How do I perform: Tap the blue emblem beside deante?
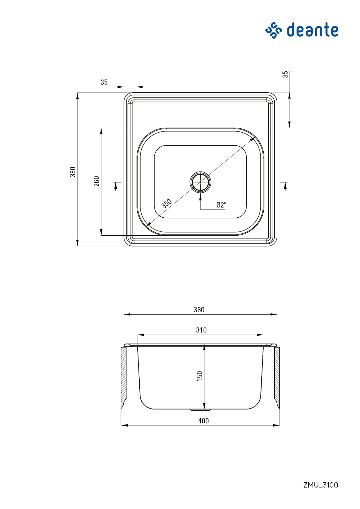point(273,30)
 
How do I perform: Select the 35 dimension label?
point(104,82)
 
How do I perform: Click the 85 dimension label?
point(286,74)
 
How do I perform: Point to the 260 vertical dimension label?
point(97,181)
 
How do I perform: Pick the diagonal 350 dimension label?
point(167,203)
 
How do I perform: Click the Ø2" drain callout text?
point(221,205)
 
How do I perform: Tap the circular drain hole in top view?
point(200,182)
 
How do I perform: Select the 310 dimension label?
point(201,330)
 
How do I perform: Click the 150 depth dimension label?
point(199,376)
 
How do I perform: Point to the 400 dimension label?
point(204,421)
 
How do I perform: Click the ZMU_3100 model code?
point(321,485)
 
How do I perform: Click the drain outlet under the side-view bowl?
point(200,410)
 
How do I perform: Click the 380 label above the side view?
point(199,310)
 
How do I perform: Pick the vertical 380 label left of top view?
point(73,172)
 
